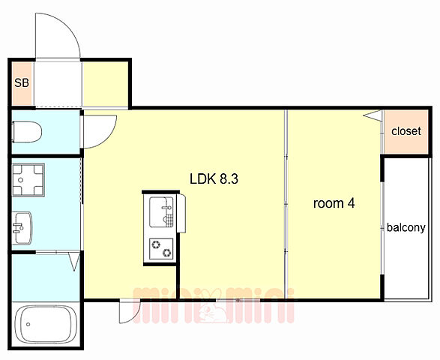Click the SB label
coord(22,82)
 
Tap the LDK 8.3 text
coord(214,179)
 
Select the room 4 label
coord(334,203)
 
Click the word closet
coord(406,130)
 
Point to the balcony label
coord(406,227)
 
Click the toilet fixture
coord(27,132)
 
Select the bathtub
coord(46,324)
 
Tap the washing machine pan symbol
coord(28,180)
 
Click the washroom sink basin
coord(22,228)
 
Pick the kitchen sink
coord(161,211)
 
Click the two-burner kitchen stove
coord(161,248)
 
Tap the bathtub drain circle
coord(28,324)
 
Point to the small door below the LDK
coord(130,311)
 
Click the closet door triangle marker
coord(373,115)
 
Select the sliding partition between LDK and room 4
coord(286,204)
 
